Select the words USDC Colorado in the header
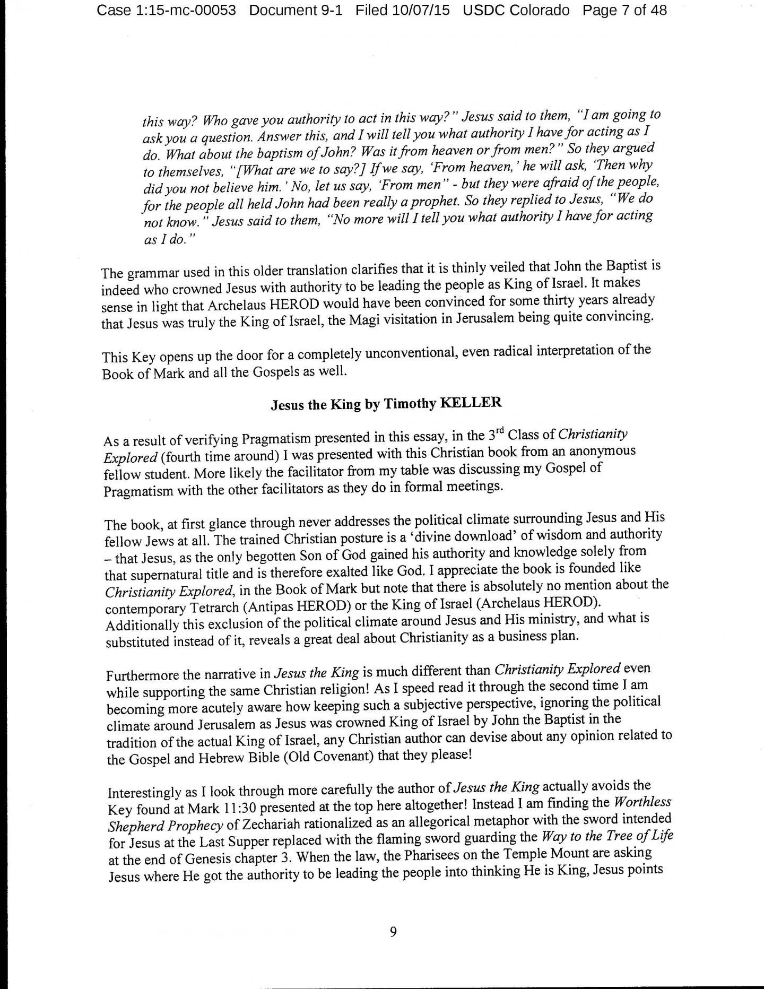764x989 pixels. click(516, 10)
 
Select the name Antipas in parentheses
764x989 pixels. click(307, 605)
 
